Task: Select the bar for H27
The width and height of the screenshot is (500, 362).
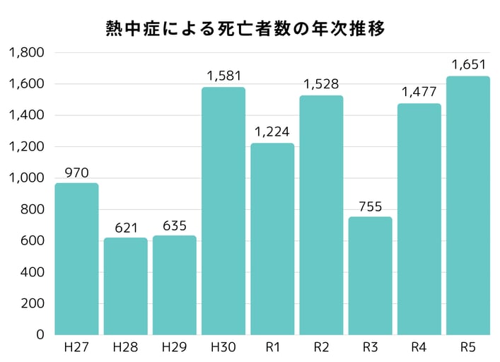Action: coord(76,259)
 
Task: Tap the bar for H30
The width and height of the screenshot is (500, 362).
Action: coord(223,211)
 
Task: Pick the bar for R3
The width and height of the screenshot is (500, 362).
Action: coord(370,276)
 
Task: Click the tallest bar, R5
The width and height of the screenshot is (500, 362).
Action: coord(467,205)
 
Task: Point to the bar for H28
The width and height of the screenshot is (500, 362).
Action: coord(126,286)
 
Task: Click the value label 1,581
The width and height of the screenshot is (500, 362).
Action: coord(223,75)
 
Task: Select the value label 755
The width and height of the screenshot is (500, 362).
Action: coord(370,206)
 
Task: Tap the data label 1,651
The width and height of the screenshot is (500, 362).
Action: coord(467,64)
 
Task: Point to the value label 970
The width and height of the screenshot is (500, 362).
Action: coord(76,172)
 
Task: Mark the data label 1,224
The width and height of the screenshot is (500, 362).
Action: coord(272,132)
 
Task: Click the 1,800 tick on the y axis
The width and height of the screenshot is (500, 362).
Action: coord(26,52)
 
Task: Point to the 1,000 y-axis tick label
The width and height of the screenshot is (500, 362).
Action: coord(26,178)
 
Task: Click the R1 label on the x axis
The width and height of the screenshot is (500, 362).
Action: coord(272,347)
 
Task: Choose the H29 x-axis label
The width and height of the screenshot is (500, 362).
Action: coord(175,347)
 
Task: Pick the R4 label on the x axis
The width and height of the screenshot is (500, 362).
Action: coord(419,347)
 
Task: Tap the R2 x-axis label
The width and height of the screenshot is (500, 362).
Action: coord(321,347)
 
